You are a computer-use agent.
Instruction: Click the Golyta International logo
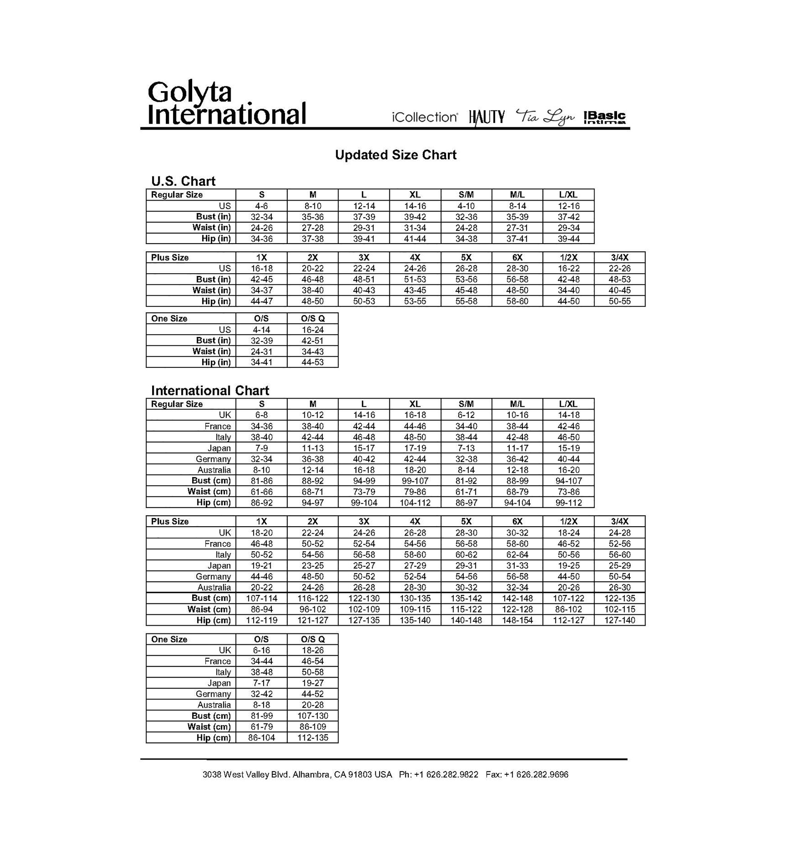click(x=226, y=104)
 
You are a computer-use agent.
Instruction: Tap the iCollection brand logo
click(x=425, y=117)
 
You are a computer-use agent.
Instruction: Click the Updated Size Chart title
click(x=395, y=155)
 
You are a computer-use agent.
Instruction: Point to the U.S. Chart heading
click(x=183, y=181)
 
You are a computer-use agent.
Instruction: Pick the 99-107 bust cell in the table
click(x=415, y=481)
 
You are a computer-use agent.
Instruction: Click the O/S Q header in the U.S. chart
click(x=312, y=319)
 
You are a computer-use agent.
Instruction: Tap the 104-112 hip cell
click(x=415, y=503)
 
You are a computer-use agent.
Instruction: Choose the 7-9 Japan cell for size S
click(x=261, y=448)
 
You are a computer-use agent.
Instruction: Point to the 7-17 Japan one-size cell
click(x=261, y=683)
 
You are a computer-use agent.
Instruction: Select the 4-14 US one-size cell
click(x=261, y=330)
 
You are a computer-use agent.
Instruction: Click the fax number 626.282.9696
click(x=542, y=775)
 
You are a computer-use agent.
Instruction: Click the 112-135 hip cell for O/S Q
click(x=312, y=738)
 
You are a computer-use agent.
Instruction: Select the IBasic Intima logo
click(x=604, y=117)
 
